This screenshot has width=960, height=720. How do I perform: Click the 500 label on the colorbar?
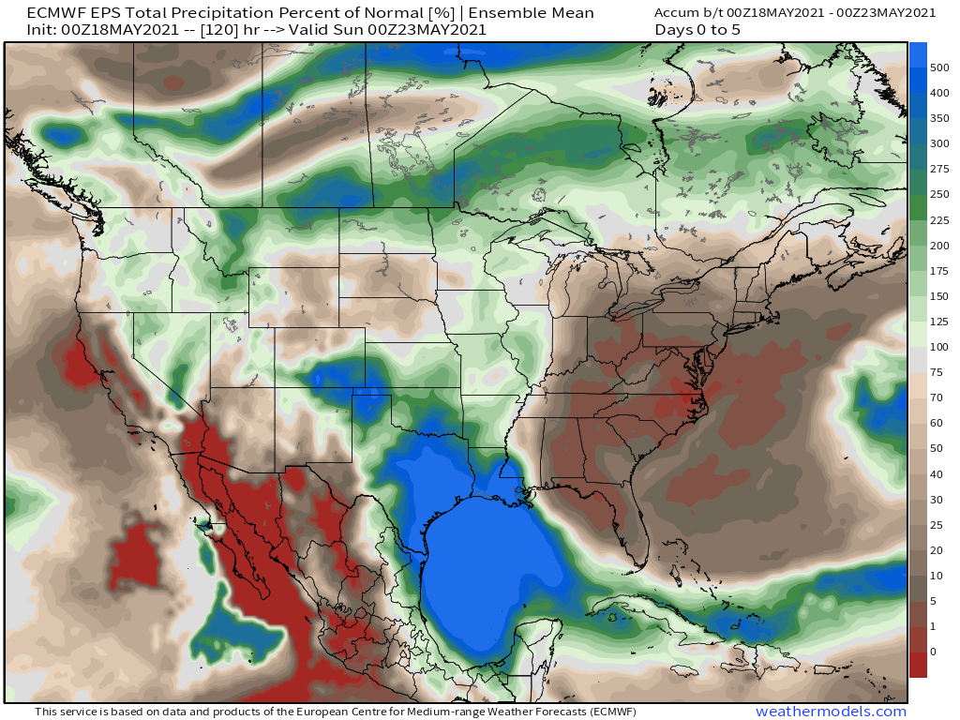pos(939,67)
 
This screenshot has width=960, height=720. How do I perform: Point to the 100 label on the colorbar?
pos(939,347)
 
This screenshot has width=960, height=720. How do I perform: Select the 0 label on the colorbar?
pos(932,651)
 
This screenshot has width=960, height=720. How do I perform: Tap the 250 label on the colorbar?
pos(939,194)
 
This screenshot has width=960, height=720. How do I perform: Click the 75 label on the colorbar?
pos(936,372)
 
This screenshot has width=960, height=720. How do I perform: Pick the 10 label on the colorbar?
pos(936,575)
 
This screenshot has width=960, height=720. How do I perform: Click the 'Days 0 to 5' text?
pos(698,30)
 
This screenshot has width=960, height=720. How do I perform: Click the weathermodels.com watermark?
pos(831,712)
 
